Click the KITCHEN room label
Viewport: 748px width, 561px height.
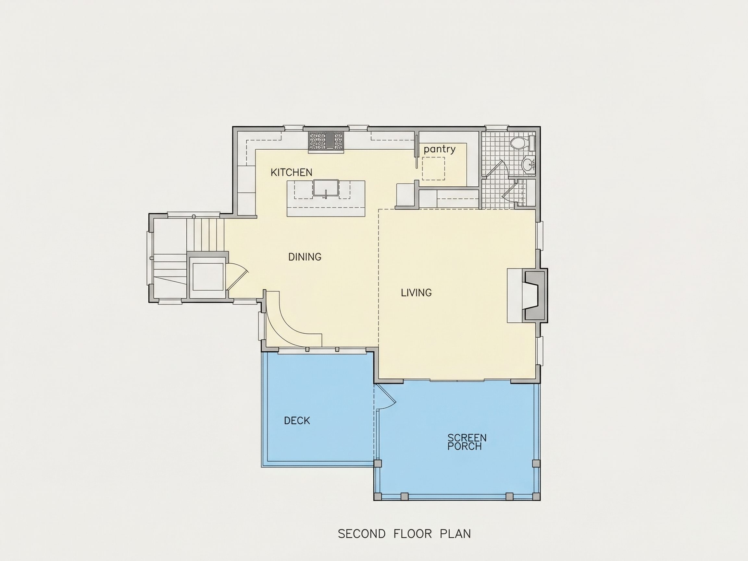[291, 172]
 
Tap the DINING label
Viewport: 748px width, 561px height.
[305, 257]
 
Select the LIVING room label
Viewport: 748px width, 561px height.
[416, 293]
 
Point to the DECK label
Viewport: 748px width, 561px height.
[297, 421]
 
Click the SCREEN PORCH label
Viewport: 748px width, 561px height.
[467, 442]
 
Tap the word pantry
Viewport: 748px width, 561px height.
[440, 149]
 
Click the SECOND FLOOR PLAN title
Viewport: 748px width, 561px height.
[405, 534]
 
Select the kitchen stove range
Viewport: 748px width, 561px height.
[326, 141]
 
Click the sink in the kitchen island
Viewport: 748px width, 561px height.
[326, 188]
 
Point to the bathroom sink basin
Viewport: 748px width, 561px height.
[528, 165]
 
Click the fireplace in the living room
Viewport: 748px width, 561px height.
[534, 296]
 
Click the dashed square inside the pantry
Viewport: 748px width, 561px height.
[433, 168]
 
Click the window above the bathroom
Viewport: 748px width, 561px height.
[497, 128]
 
